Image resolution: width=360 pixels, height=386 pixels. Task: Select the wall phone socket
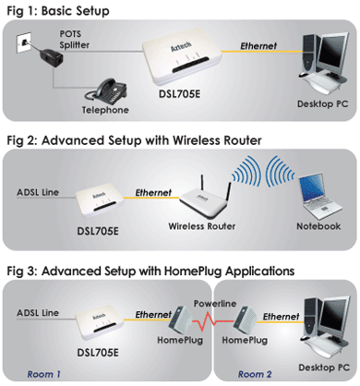tap(23, 42)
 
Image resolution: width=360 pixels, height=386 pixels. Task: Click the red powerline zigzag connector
tap(213, 321)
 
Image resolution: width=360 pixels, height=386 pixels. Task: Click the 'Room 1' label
tap(44, 374)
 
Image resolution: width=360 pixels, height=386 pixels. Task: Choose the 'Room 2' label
tap(255, 374)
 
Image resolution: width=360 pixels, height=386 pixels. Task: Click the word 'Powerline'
tap(215, 304)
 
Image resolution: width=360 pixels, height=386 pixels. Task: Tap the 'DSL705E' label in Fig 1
tap(179, 93)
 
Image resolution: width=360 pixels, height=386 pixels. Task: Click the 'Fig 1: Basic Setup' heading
tap(58, 11)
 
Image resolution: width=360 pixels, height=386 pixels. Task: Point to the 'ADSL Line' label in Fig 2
tap(38, 193)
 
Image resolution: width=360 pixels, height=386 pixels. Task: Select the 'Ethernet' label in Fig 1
tap(258, 46)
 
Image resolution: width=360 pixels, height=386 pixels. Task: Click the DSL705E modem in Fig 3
tap(100, 325)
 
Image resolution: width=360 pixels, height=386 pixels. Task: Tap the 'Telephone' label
tap(105, 110)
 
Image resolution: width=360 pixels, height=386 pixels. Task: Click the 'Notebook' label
tap(318, 226)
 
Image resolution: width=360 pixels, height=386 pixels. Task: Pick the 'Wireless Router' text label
tap(202, 226)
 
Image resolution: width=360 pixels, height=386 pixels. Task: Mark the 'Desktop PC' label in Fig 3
tap(324, 368)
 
